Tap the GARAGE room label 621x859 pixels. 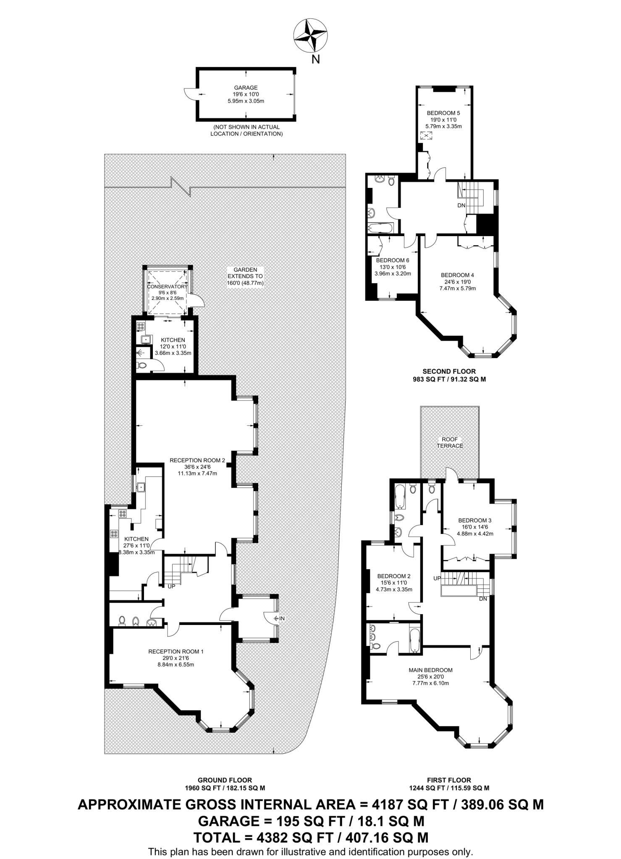(x=246, y=88)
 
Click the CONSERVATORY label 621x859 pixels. (x=167, y=287)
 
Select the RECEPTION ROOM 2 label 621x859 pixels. (x=197, y=460)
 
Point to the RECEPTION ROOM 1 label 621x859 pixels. (x=176, y=651)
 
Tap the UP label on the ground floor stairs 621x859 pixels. (x=171, y=586)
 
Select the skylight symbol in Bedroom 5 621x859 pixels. (x=426, y=135)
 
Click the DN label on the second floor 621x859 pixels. (x=461, y=206)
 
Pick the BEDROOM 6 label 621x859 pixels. (x=392, y=260)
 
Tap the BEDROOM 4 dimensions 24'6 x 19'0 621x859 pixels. (x=457, y=282)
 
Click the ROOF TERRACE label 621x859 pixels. (x=450, y=443)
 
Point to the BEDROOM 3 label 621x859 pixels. (x=474, y=521)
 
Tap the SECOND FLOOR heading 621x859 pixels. (x=449, y=371)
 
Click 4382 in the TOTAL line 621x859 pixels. (x=269, y=838)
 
